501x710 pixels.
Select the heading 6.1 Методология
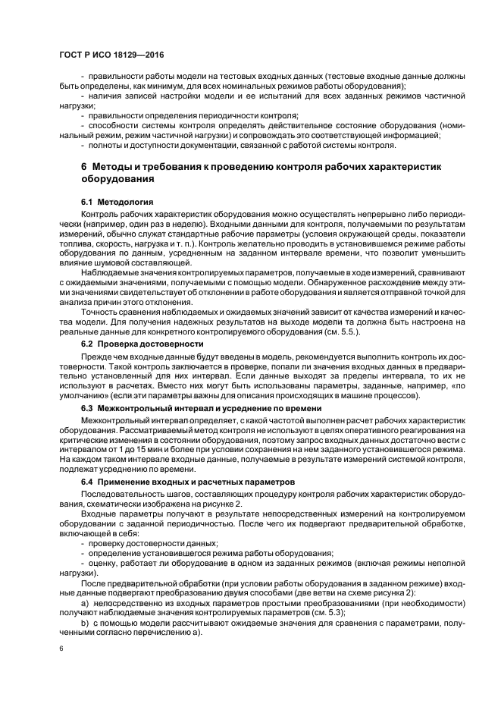[117, 202]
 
